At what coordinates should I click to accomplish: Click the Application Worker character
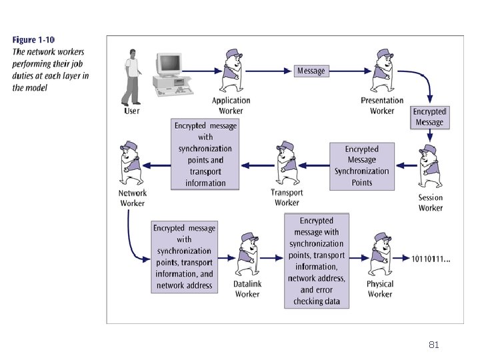[x=232, y=71]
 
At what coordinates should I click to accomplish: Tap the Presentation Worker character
[x=383, y=71]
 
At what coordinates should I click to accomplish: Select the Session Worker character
[x=430, y=166]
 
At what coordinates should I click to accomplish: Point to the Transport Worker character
[x=287, y=163]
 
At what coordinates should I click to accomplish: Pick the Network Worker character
[x=131, y=163]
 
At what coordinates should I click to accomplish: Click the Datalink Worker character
[x=248, y=254]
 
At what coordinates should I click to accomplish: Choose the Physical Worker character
[x=380, y=254]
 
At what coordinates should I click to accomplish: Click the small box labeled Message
[x=311, y=71]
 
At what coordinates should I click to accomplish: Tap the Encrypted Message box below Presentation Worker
[x=430, y=117]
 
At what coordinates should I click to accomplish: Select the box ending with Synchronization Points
[x=362, y=167]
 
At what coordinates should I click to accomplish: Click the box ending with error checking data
[x=317, y=261]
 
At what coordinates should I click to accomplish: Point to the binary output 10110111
[x=431, y=259]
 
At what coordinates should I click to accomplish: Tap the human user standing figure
[x=131, y=77]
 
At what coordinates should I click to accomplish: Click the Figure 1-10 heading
[x=33, y=40]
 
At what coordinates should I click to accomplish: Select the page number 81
[x=434, y=345]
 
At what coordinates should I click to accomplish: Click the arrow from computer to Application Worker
[x=202, y=71]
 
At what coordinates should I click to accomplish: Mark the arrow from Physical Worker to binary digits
[x=401, y=259]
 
